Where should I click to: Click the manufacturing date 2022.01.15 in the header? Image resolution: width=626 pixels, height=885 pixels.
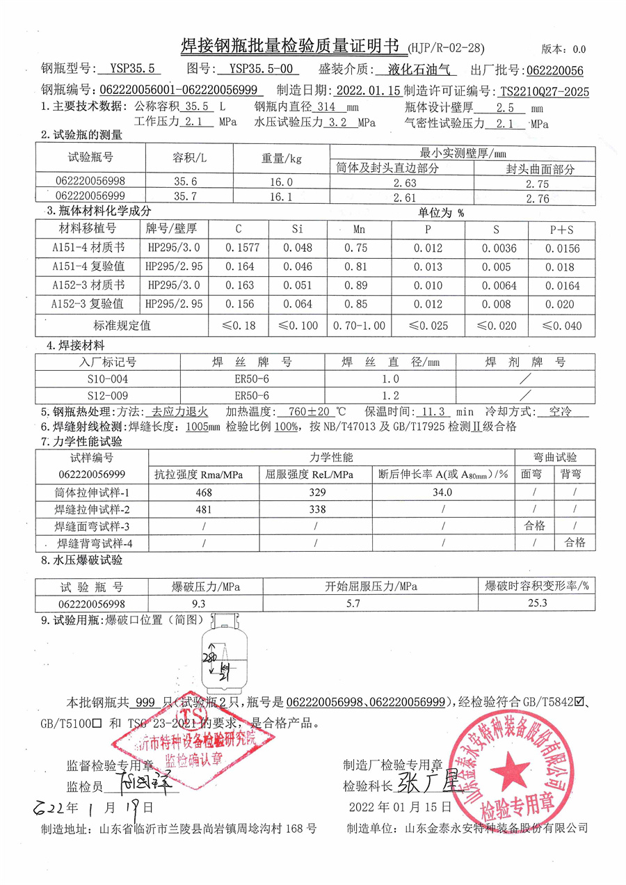[367, 90]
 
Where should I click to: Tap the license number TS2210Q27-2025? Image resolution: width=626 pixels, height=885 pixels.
[544, 91]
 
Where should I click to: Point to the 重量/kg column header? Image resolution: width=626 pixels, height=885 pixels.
[282, 158]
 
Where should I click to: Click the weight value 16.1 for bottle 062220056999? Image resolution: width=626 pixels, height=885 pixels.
[280, 198]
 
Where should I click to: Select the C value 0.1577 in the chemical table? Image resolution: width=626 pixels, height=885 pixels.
[238, 248]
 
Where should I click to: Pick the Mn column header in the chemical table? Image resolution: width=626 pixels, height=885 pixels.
[359, 228]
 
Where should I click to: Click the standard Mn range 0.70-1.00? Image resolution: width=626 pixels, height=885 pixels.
[359, 325]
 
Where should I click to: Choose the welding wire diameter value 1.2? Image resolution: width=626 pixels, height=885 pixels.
[391, 395]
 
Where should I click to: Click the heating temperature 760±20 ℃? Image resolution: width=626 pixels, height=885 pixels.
[317, 412]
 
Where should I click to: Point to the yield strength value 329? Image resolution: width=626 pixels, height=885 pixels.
[316, 492]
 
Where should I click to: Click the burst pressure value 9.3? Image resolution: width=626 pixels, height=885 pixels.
[198, 603]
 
